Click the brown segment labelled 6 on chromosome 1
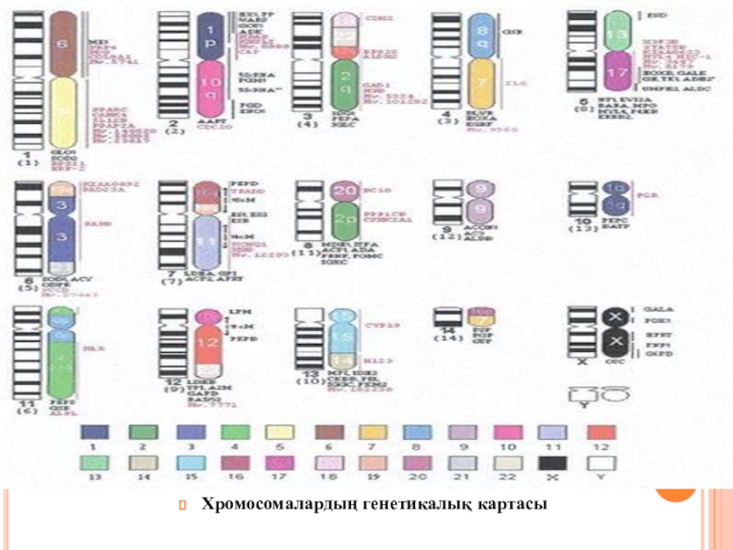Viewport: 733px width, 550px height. (x=63, y=45)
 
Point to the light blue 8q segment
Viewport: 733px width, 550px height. (x=484, y=37)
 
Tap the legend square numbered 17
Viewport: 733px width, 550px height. (x=280, y=464)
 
